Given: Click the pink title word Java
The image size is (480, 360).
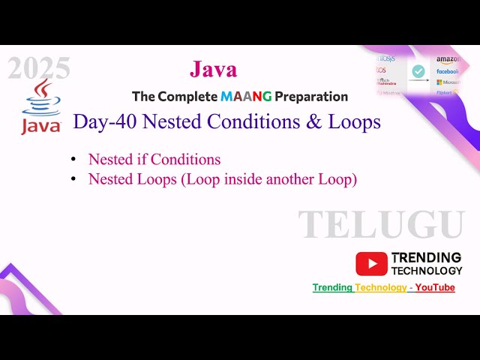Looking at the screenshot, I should (213, 70).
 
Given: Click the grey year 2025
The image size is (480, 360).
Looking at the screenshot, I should (39, 69).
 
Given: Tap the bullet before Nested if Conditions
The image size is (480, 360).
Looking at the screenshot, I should (73, 160).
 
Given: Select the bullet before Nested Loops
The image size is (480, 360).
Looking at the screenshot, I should (73, 179).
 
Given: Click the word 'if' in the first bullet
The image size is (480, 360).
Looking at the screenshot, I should (141, 159).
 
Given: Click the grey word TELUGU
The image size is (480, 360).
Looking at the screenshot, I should (381, 225).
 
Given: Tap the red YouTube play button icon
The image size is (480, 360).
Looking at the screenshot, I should (371, 263).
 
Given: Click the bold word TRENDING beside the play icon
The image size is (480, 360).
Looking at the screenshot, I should (426, 257).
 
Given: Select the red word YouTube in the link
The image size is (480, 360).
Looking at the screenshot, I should (435, 287).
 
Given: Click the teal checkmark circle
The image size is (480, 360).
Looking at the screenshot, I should (418, 71).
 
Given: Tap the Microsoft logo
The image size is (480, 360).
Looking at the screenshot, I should (448, 82).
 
